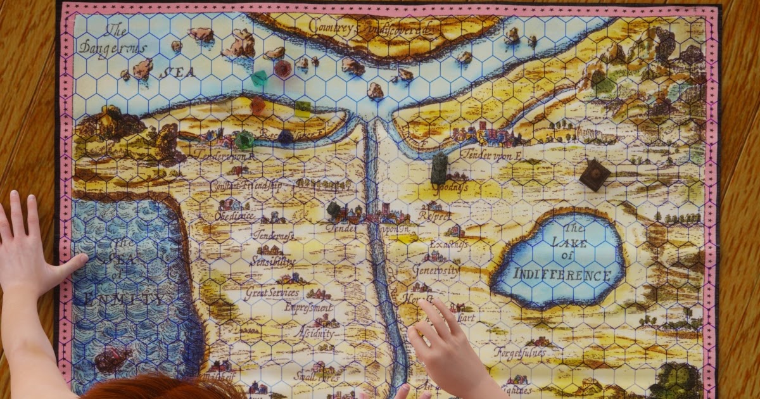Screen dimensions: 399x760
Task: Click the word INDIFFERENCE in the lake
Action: pos(562,275)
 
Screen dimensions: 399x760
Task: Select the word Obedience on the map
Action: pos(234,216)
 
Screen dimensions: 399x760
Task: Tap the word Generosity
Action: pos(436,269)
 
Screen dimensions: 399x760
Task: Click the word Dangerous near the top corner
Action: pos(112,49)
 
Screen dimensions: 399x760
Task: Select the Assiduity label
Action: pos(315,333)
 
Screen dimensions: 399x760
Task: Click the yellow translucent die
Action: pos(303,108)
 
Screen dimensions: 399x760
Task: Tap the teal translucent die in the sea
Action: pos(260,79)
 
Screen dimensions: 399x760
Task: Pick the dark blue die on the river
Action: pos(286,137)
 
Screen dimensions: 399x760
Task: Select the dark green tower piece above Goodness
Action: pos(439,168)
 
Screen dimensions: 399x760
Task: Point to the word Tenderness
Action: pos(272,234)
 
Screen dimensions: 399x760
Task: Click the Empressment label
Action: pos(308,307)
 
